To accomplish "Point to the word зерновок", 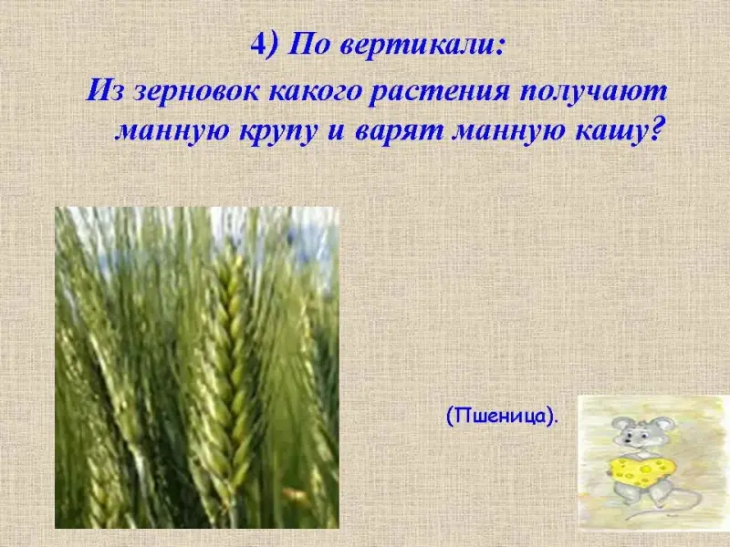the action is click(196, 91).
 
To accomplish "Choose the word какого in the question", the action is click(315, 91).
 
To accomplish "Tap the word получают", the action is click(594, 91).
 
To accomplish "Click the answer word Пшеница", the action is click(500, 416).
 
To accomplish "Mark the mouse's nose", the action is click(625, 440).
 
